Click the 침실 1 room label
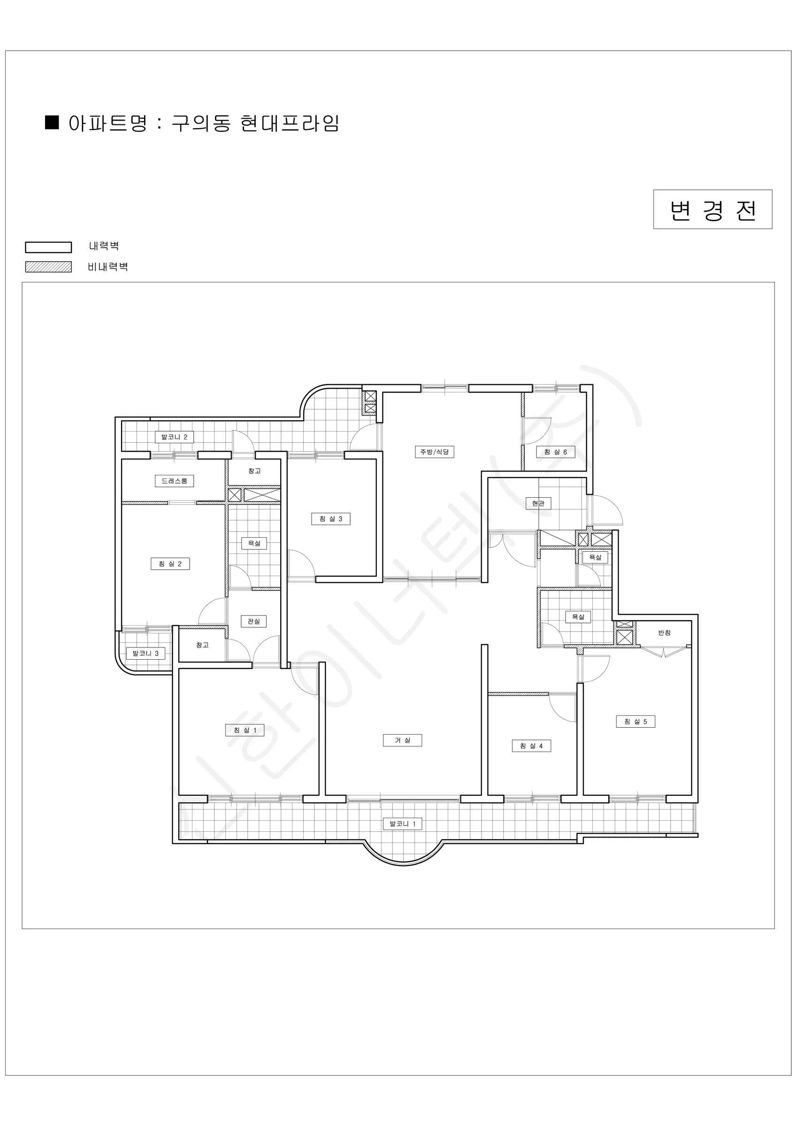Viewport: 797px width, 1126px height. [245, 730]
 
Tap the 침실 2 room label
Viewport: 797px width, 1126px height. [170, 564]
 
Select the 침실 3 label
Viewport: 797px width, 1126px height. [331, 519]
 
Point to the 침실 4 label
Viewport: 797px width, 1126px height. [531, 746]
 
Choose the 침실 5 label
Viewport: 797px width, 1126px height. [636, 722]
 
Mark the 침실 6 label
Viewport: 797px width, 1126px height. [556, 452]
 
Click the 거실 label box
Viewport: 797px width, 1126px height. [402, 740]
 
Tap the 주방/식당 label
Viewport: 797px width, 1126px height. [434, 452]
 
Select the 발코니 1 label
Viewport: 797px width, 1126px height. [402, 823]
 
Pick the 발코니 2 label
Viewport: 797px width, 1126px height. [174, 437]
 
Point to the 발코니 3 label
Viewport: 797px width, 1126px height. [146, 653]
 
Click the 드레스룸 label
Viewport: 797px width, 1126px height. [174, 481]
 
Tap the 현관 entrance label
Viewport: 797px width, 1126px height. [538, 503]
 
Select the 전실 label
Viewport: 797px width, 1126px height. [254, 621]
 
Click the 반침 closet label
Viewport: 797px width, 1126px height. [665, 632]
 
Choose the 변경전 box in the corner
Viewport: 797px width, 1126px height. [713, 209]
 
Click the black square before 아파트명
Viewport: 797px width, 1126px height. [52, 122]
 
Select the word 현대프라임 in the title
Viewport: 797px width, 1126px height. [290, 123]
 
